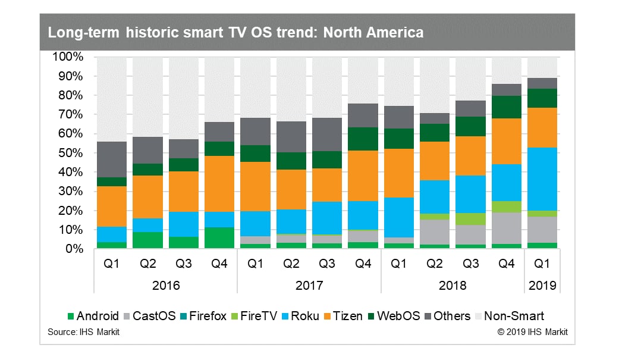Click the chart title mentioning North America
pyautogui.click(x=236, y=32)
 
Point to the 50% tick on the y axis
pyautogui.click(x=71, y=153)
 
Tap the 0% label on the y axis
pyautogui.click(x=74, y=249)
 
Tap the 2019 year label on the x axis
pyautogui.click(x=542, y=285)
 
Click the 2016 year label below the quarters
pyautogui.click(x=166, y=285)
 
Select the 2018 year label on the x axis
pyautogui.click(x=452, y=285)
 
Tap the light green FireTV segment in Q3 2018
pyautogui.click(x=470, y=219)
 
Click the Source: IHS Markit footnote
pyautogui.click(x=83, y=332)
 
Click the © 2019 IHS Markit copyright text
pyautogui.click(x=532, y=332)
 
